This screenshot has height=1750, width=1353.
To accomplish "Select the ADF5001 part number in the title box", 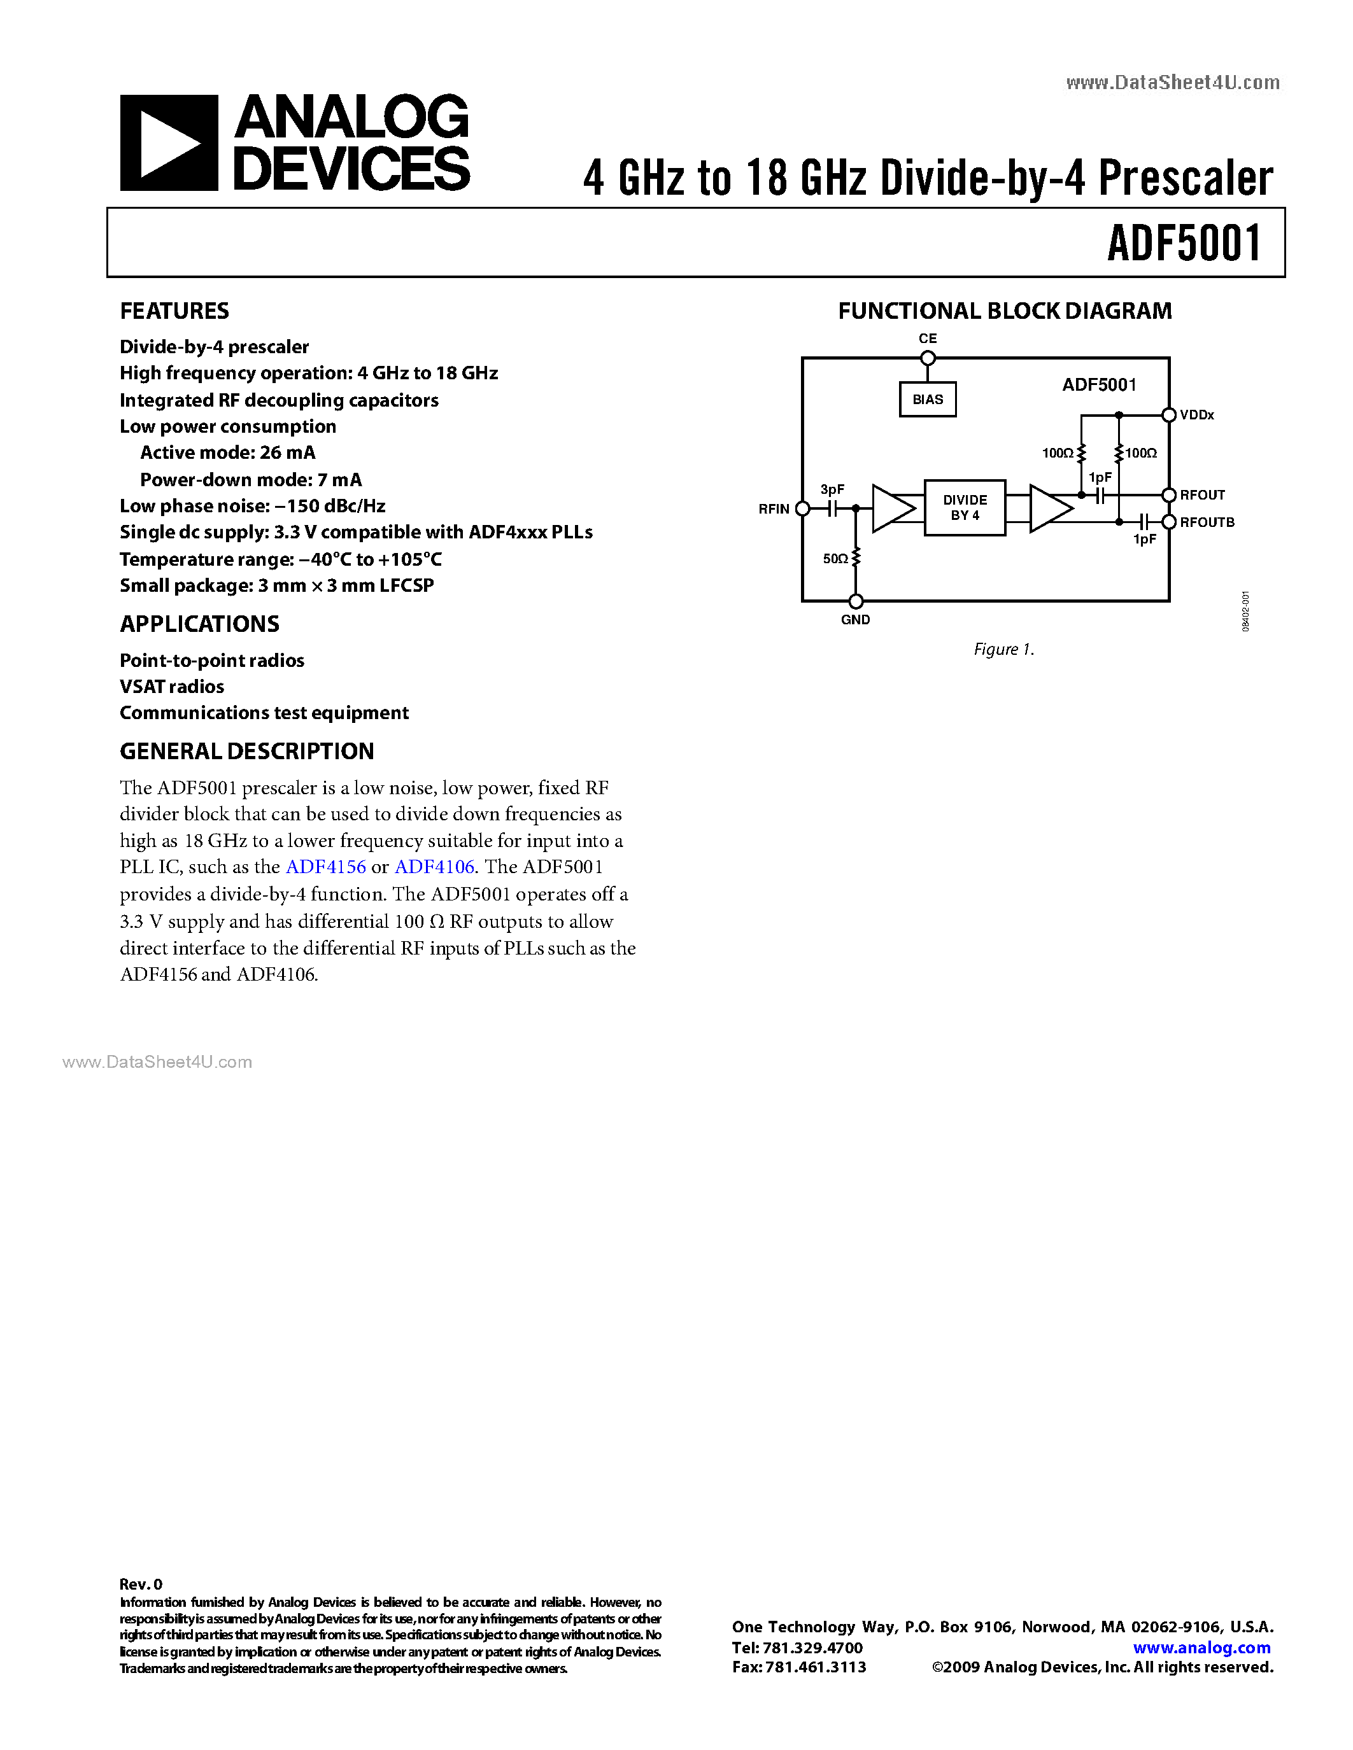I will (1184, 244).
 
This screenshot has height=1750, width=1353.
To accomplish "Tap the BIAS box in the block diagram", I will (928, 399).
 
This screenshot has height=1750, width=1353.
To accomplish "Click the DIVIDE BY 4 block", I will (964, 508).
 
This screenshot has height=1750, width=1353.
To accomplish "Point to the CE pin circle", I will (928, 358).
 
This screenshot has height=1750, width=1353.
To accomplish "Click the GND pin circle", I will (856, 601).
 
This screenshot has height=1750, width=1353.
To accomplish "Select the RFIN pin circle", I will (802, 508).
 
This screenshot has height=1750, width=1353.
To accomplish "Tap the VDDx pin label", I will (1197, 415).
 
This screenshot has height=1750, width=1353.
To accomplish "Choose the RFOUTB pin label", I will (1207, 522).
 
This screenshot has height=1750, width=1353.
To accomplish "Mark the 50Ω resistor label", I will (835, 559).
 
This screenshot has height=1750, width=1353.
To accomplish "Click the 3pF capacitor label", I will (832, 489).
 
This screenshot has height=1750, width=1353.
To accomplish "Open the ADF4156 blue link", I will (325, 867).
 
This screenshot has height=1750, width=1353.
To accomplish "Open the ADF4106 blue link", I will (434, 867).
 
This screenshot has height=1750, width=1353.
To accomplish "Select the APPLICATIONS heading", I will (199, 624).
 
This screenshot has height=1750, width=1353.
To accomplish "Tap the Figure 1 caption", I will (1003, 649).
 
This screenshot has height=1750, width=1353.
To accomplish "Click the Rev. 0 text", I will (141, 1584).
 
